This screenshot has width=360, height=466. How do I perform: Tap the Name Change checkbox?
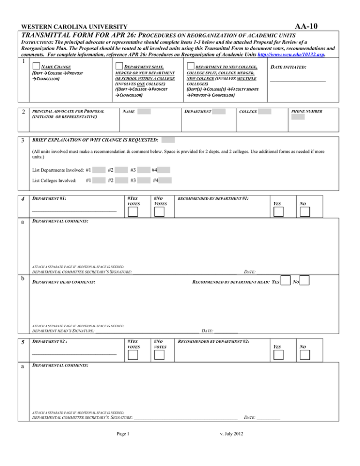coord(36,67)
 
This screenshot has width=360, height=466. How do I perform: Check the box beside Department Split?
coord(120,67)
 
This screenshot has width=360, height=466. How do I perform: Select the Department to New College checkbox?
coord(190,67)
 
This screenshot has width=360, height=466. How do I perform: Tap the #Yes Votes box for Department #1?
coord(133,212)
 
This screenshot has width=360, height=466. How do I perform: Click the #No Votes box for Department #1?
coord(159,212)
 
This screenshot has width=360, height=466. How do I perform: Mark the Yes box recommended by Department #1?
coord(278,212)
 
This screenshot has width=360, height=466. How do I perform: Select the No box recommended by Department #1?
coord(306,212)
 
